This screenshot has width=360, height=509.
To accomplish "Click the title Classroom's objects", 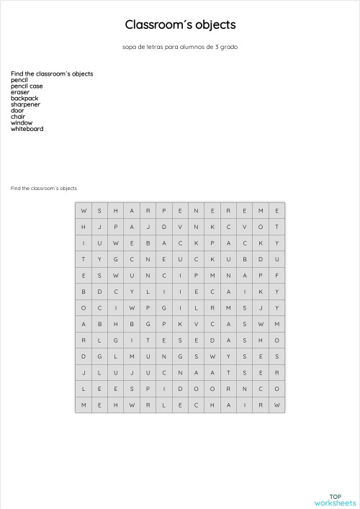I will pos(180,25).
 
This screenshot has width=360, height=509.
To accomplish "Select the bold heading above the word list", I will pos(52,73).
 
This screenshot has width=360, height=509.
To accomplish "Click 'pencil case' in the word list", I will pos(27,86).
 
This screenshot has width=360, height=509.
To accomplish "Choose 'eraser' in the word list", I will pos(20,92).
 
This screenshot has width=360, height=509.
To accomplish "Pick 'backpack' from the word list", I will pos(24,98).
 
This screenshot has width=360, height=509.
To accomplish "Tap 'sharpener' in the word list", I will pos(25,104).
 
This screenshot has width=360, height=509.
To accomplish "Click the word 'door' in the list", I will pos(17,110).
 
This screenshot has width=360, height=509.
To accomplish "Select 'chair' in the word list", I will pos(18,117).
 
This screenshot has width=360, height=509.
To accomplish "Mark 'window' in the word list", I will pos(22,122).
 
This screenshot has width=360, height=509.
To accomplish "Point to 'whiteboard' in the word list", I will pos(27,129).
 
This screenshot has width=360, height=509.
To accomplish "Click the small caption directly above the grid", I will pos(43,188).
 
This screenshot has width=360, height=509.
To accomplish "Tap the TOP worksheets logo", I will pos(335,500).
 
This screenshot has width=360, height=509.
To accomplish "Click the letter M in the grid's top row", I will pos(261,210).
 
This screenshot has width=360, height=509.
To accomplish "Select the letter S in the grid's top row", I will pos(99,210).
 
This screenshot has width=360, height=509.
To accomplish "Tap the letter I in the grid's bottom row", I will pos(245,405).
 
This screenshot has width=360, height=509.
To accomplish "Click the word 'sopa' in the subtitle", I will pos(130,47).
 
